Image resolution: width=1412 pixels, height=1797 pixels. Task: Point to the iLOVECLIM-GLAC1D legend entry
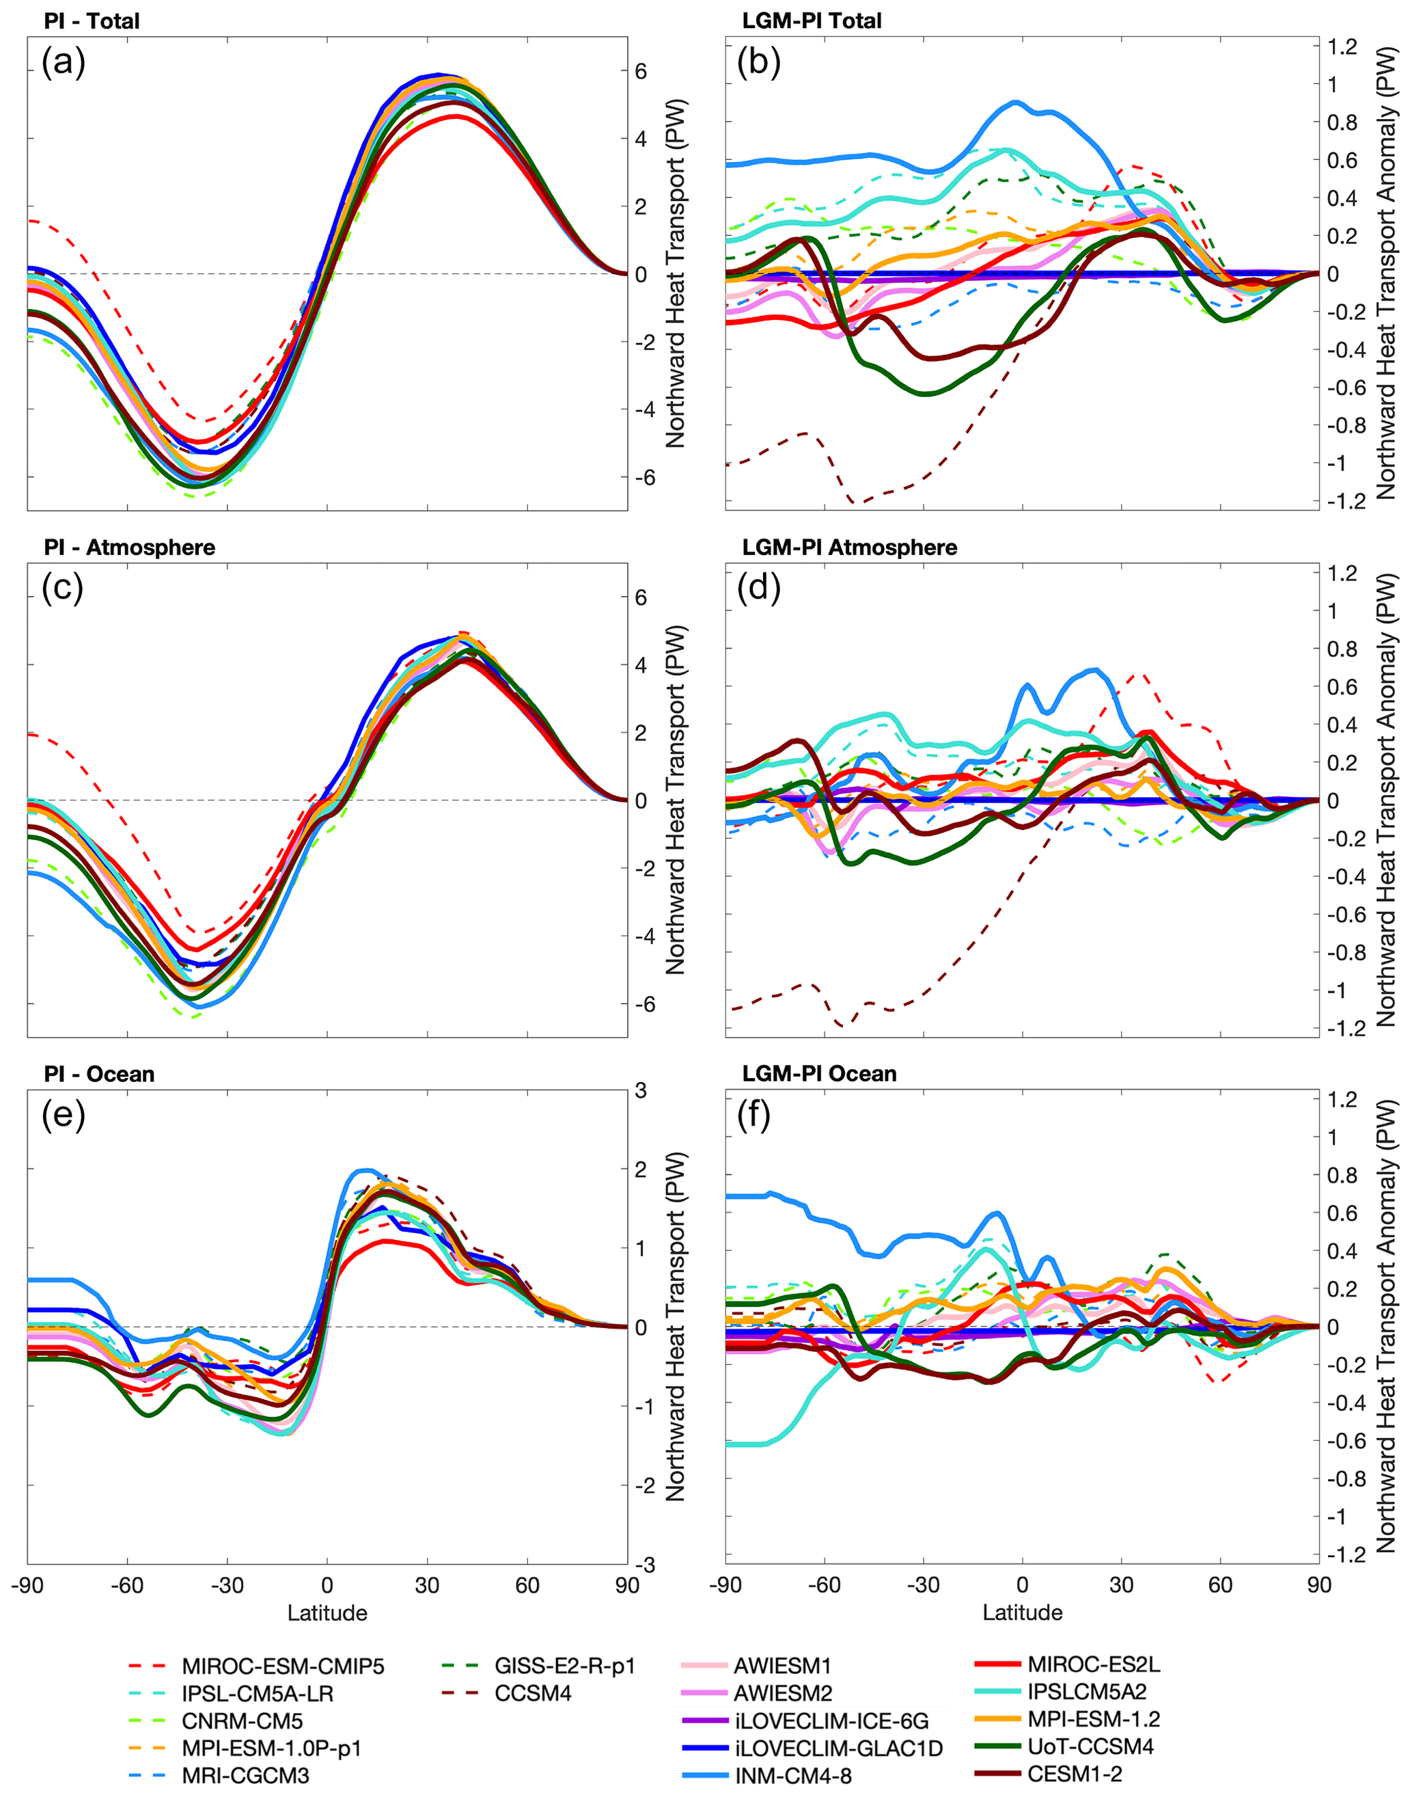838,1748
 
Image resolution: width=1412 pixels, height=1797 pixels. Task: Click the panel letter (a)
64,62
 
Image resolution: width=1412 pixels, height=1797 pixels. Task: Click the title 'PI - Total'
92,21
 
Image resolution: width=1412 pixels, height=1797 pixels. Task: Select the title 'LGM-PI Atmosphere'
849,548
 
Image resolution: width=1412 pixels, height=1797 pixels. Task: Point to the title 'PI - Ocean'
98,1075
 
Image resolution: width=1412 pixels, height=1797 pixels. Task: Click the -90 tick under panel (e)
27,1585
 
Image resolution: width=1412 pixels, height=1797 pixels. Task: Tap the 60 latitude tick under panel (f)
1220,1585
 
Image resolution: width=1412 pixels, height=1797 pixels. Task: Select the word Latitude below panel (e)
327,1613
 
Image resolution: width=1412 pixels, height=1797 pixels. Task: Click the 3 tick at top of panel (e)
641,1091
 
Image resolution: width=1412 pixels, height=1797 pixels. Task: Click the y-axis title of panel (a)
676,273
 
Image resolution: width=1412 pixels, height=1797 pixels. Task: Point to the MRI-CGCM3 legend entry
245,1776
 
